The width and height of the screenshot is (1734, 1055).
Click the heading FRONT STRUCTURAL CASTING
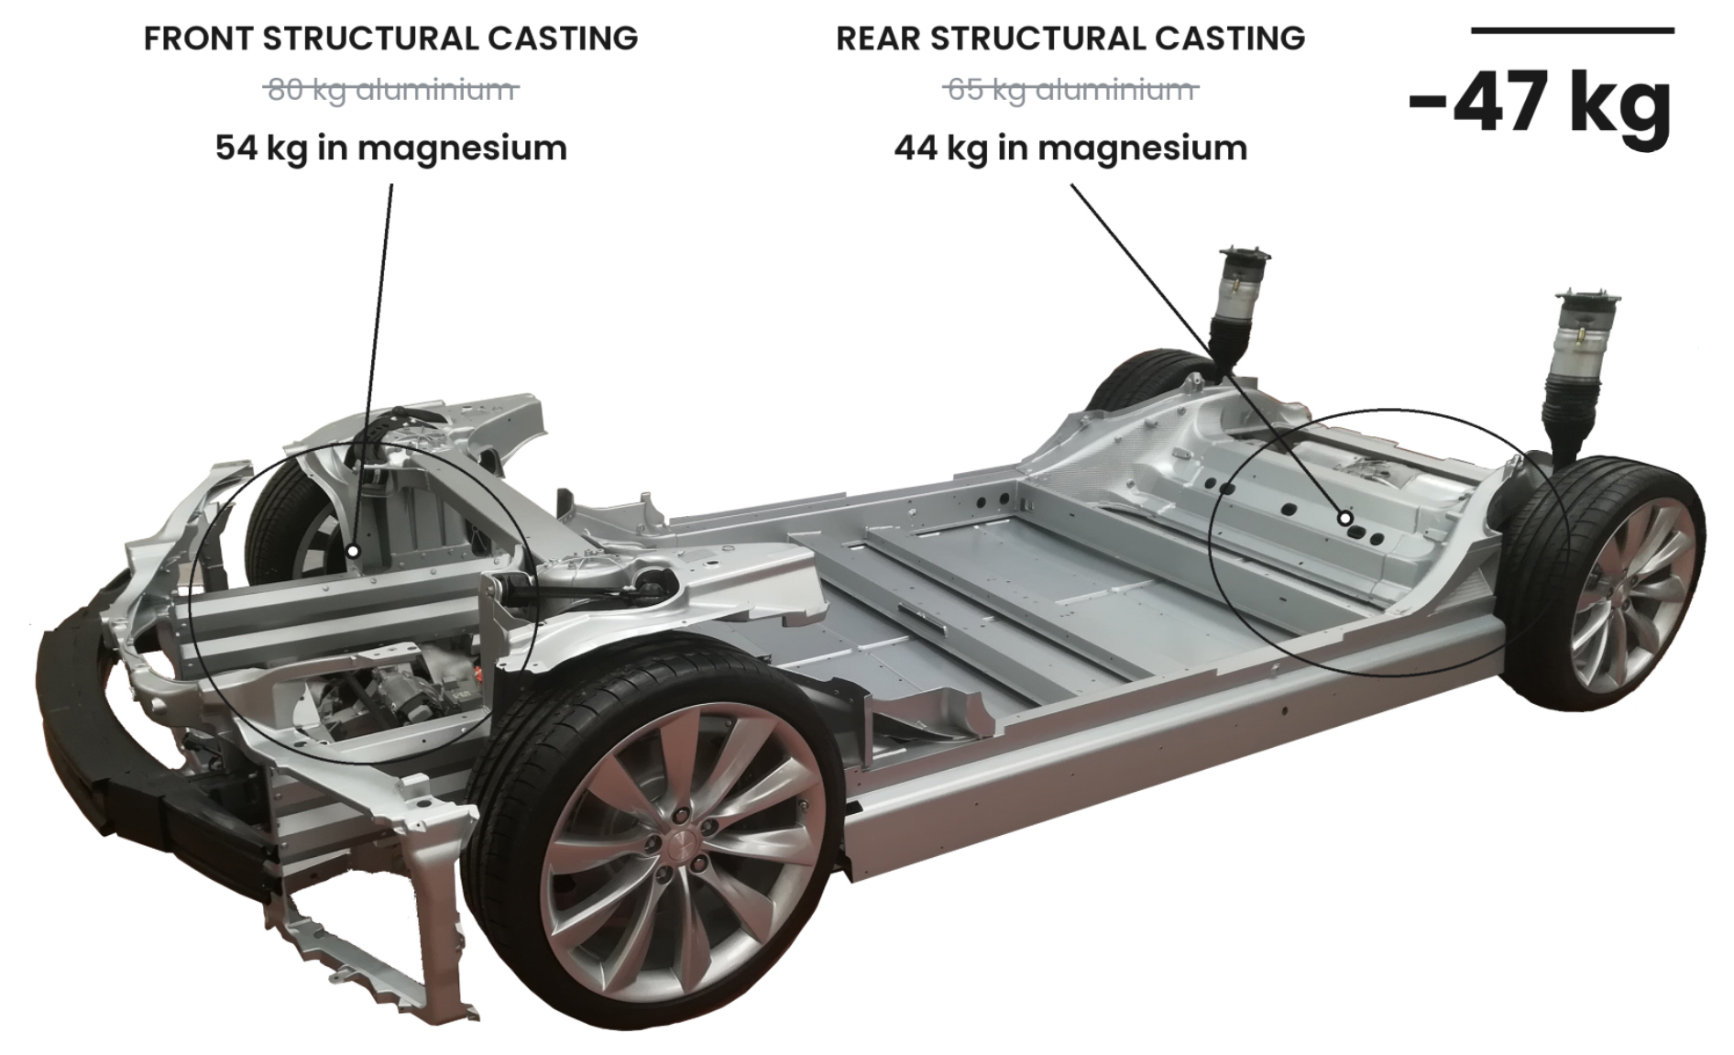coord(391,38)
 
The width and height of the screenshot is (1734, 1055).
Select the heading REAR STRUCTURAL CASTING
coord(1070,38)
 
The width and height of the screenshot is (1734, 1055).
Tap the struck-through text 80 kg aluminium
coord(391,90)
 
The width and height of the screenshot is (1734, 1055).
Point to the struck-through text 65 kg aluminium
coord(1070,90)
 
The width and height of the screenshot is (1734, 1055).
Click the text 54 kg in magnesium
coord(391,148)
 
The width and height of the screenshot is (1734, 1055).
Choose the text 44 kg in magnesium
coord(1070,148)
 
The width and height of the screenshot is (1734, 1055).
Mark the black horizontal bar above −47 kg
coord(1572,31)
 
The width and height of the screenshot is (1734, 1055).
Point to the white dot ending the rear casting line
coord(1345,518)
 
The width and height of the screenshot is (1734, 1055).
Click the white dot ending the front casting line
coord(354,552)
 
